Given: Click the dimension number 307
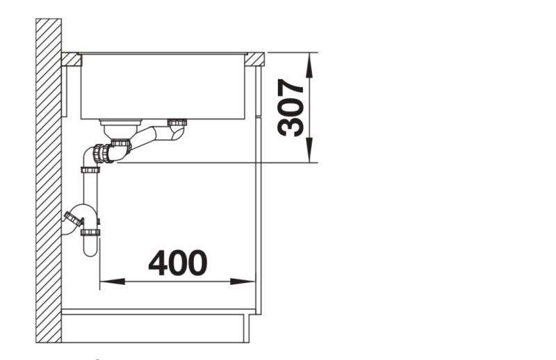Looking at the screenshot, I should click(291, 108).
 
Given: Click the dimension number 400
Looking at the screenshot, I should click(178, 263).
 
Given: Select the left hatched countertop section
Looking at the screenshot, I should click(71, 59).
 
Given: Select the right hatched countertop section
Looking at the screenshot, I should click(254, 59).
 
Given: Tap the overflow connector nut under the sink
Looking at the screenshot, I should click(178, 124).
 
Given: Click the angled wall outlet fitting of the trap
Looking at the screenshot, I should click(71, 220).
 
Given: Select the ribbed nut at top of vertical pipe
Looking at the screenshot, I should click(90, 169).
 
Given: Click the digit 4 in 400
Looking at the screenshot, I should click(158, 263).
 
